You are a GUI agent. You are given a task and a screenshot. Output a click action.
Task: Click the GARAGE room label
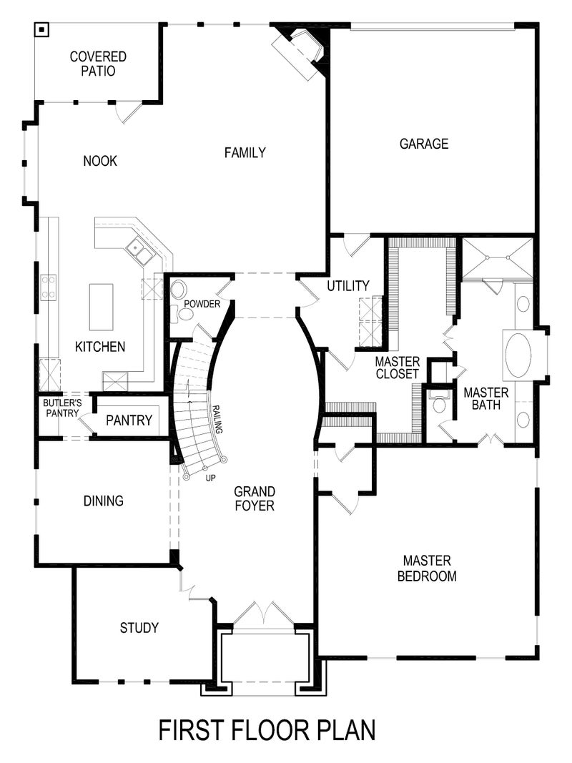point(424,144)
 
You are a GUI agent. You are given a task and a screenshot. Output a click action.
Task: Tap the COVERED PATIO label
point(98,64)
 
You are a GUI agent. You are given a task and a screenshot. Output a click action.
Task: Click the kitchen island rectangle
point(101,305)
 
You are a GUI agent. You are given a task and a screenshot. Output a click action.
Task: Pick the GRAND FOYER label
point(255,498)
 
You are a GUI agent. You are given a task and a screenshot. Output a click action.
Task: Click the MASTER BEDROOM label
point(427,568)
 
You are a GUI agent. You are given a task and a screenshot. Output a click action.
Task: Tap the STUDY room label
point(139,628)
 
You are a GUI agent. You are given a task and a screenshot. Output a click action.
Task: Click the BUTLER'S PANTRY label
point(62,408)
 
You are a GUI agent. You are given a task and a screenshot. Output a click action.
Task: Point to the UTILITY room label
point(348,286)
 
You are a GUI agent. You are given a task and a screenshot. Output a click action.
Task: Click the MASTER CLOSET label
point(397,368)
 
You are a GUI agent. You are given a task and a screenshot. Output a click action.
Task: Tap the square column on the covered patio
point(42,29)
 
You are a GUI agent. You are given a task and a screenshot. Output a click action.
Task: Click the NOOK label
point(99,161)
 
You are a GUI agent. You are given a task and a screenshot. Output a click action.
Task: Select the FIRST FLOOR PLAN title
point(267,730)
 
